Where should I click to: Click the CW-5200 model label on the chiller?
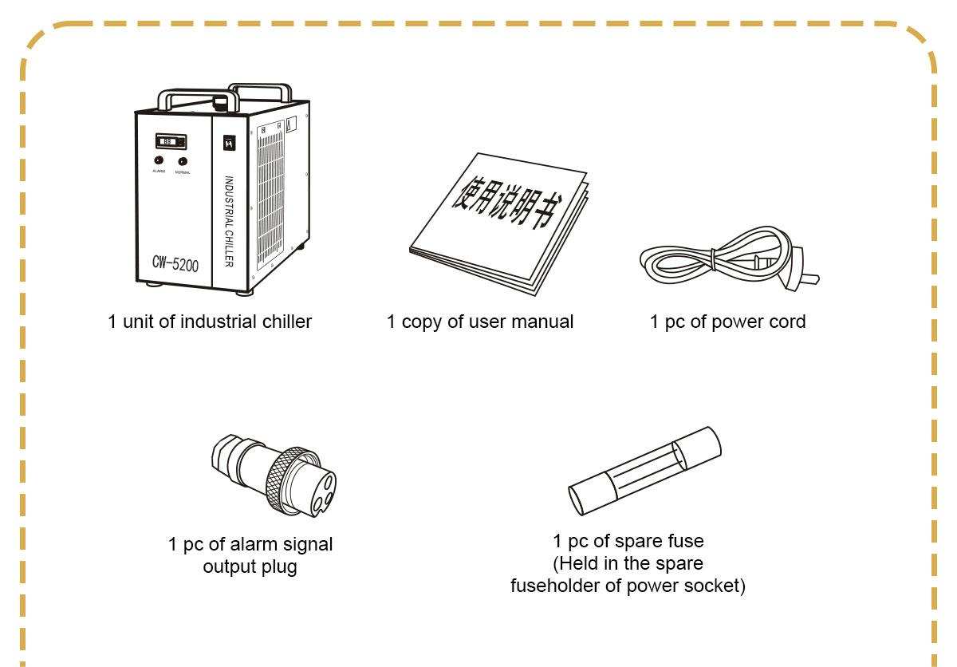(x=175, y=264)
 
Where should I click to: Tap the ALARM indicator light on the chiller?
(x=159, y=160)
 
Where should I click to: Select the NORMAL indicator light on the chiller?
(x=182, y=160)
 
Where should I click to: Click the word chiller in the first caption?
(x=286, y=322)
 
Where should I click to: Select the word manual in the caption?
(x=545, y=322)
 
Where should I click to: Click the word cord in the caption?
(x=788, y=322)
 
